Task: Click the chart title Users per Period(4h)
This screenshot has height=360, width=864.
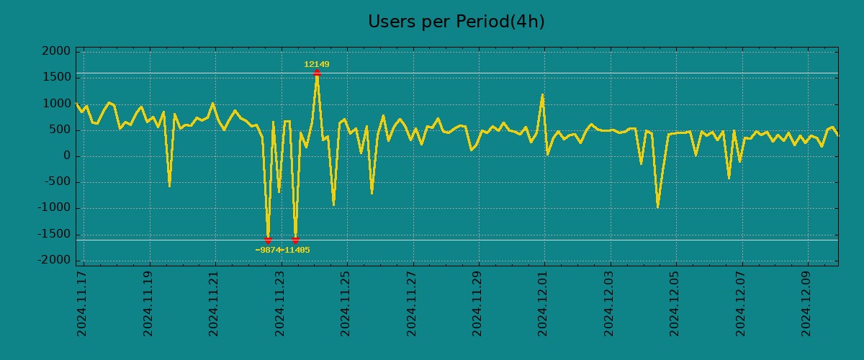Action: coord(456,22)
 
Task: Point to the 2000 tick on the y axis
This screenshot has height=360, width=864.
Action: coord(57,51)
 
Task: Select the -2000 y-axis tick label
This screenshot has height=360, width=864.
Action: coord(55,260)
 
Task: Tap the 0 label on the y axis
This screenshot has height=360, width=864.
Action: coord(67,156)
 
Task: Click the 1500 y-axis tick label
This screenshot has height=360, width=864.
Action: coord(57,77)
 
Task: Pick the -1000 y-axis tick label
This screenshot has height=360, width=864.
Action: coord(55,208)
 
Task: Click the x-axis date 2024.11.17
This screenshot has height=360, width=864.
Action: coord(82,303)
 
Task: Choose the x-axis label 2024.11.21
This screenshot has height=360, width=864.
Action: coord(214,303)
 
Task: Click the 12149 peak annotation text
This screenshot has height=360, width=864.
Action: coord(317,65)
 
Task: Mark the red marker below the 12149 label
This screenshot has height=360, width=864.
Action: coord(317,73)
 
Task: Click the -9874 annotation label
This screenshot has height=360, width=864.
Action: coord(268,251)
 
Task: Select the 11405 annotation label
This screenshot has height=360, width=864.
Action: coord(297,251)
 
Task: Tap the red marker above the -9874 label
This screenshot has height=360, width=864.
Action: coord(268,240)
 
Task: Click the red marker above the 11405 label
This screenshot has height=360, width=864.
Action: coord(295,240)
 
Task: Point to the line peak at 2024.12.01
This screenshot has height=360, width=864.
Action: coord(542,94)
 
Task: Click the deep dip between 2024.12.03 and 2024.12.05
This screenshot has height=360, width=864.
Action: coord(657,207)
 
